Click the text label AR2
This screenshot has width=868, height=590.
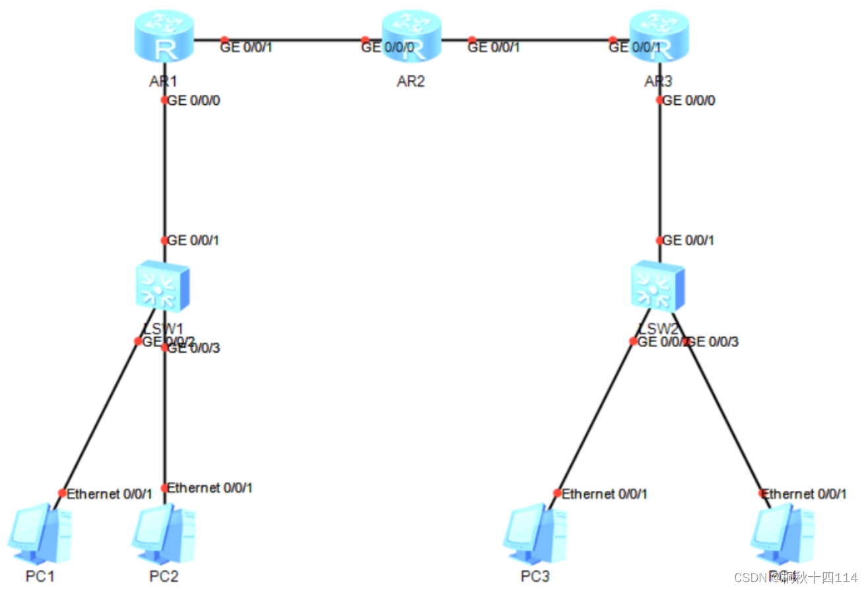click(411, 82)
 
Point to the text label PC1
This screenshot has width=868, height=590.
click(40, 576)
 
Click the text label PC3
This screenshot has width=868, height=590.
click(535, 576)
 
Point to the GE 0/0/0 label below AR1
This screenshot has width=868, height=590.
click(194, 101)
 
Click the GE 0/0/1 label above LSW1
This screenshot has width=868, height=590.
click(193, 241)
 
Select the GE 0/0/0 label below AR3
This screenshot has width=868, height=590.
click(689, 101)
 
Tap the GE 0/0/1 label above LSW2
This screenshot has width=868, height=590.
click(688, 241)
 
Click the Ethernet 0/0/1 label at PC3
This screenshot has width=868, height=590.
click(605, 494)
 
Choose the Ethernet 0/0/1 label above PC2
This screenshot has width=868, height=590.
click(210, 488)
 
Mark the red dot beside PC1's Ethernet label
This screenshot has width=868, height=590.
click(62, 493)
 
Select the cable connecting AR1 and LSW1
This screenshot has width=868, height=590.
click(164, 172)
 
